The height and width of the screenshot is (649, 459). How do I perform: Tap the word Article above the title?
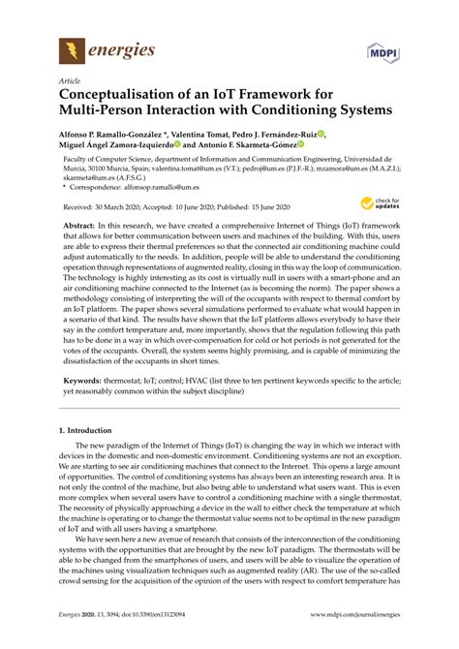tap(70, 83)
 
